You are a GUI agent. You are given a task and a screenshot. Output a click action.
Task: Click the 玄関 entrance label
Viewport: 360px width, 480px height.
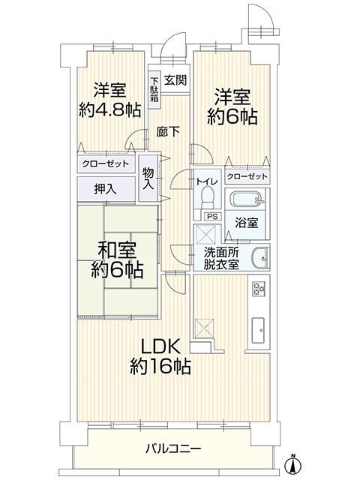point(176,80)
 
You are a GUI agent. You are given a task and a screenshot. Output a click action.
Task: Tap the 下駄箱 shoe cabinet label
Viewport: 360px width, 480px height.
point(154,89)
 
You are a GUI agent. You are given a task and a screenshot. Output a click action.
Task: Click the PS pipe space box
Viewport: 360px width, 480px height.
point(211,217)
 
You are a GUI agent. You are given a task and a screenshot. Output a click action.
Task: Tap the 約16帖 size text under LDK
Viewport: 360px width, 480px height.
point(160,367)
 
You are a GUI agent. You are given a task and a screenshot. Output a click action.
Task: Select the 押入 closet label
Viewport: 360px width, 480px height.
point(105,189)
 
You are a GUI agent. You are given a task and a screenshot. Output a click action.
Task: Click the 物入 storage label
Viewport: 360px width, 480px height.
point(148,178)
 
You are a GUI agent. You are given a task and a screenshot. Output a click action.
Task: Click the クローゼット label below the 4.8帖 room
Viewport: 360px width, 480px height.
point(105,163)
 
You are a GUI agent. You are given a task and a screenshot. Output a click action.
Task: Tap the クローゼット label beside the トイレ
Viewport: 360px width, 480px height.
point(247,176)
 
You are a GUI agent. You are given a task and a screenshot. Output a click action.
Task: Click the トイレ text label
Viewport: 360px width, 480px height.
point(207,181)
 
